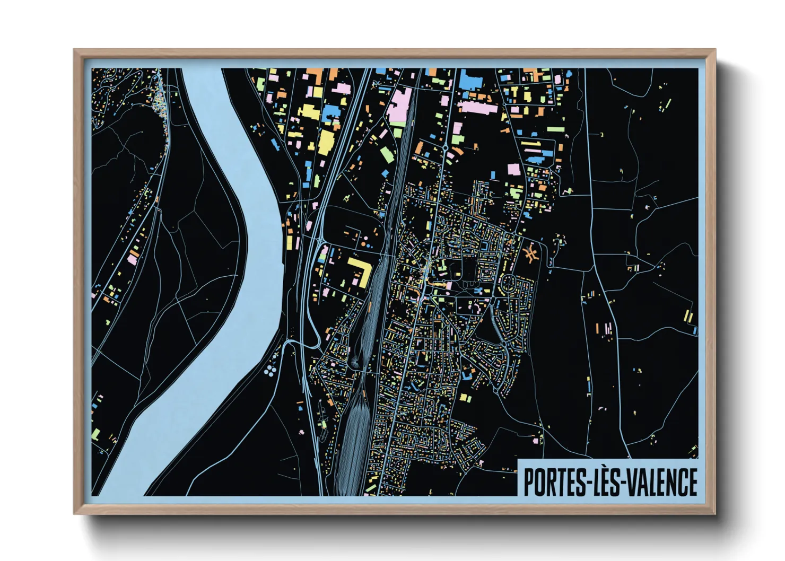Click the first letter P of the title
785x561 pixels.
pos(529,482)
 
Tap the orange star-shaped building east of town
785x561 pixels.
pos(530,253)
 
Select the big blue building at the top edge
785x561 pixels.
pos(469,80)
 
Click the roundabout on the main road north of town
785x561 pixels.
pos(445,148)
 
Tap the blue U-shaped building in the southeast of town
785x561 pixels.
pos(467,374)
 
